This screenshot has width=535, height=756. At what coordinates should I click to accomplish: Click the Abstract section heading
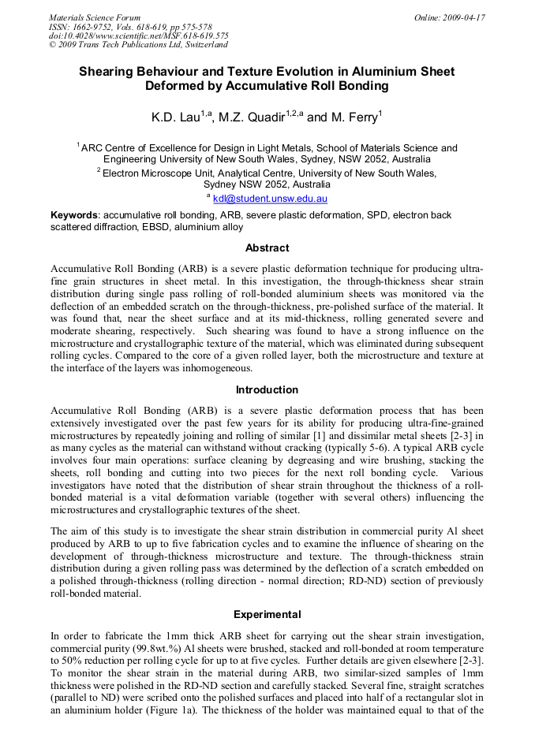[x=267, y=248]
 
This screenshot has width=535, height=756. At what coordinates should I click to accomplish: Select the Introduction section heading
[x=267, y=389]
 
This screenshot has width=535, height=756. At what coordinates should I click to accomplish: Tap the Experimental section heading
[x=267, y=614]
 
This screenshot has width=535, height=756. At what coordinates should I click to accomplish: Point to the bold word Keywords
[x=75, y=214]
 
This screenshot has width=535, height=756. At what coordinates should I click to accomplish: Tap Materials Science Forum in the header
[x=95, y=17]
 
